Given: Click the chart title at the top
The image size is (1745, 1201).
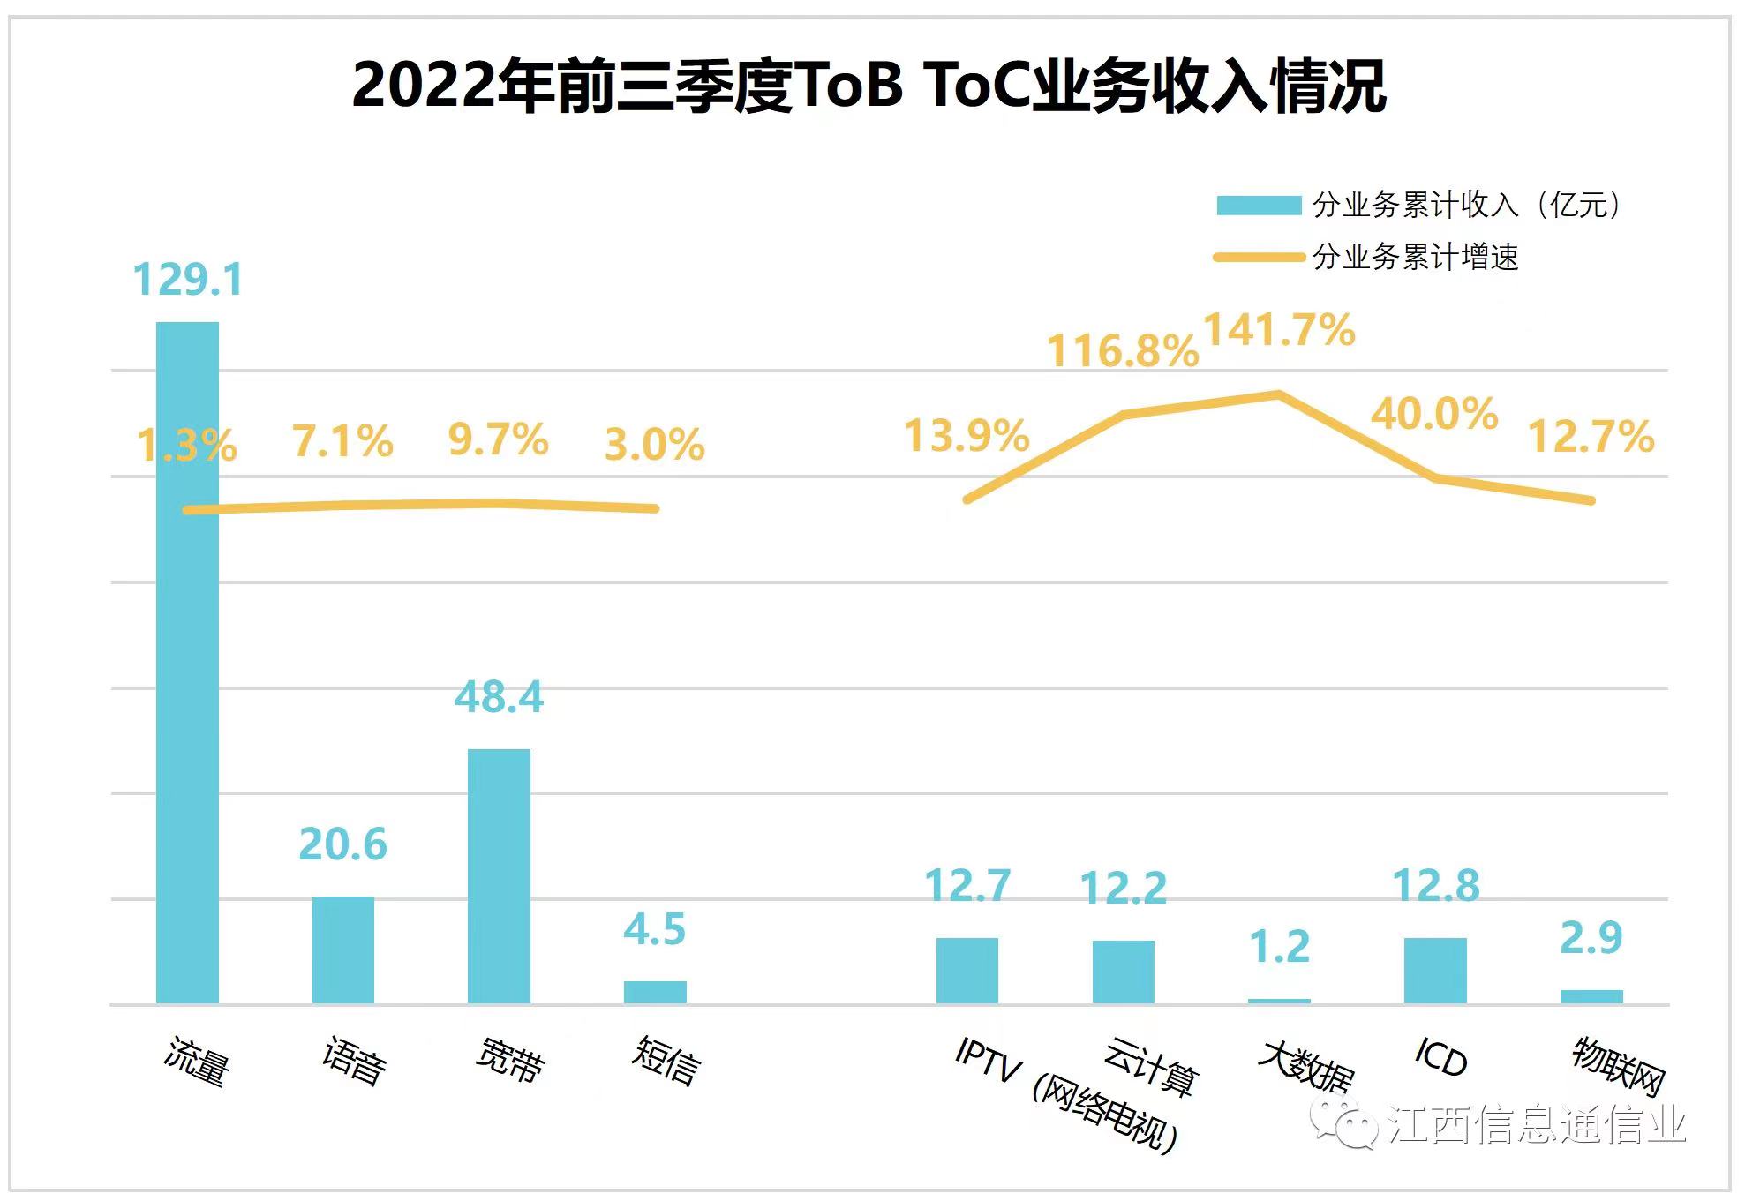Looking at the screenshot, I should tap(869, 86).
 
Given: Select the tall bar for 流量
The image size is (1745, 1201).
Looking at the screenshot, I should tap(187, 662).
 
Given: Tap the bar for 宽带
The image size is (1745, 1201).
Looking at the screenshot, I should tap(499, 875).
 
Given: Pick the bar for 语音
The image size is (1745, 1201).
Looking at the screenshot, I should tap(343, 950).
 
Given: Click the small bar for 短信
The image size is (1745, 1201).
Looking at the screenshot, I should tap(655, 992).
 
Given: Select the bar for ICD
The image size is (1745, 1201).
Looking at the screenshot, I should tap(1435, 970).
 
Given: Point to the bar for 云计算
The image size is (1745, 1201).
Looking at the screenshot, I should tap(1123, 972).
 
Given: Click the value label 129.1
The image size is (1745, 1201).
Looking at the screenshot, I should tap(187, 280).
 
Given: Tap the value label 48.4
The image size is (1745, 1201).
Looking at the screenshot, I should tap(499, 697).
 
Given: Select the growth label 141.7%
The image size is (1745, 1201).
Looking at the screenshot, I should tap(1279, 331).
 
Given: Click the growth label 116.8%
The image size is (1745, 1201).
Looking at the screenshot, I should tap(1123, 351).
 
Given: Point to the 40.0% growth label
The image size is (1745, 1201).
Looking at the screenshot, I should tap(1434, 414).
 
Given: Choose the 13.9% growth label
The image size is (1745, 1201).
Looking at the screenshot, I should tap(967, 436).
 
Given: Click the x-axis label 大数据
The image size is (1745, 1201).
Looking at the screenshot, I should tap(1305, 1066).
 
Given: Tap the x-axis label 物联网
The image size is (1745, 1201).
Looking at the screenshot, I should tap(1618, 1065).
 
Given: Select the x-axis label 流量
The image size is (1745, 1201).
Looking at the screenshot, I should tap(197, 1062).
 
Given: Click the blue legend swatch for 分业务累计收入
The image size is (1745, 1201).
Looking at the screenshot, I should tap(1259, 206).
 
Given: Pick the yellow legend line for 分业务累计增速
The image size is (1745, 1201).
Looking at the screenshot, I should tap(1259, 258).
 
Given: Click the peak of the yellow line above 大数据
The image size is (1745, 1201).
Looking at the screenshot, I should tap(1279, 394).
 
